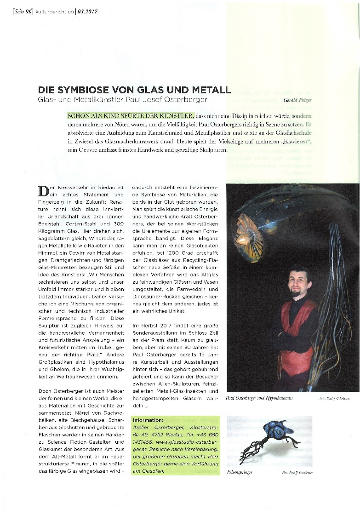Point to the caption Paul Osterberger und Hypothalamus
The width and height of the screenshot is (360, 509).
[259, 398]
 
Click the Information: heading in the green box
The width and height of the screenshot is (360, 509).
[148, 420]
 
